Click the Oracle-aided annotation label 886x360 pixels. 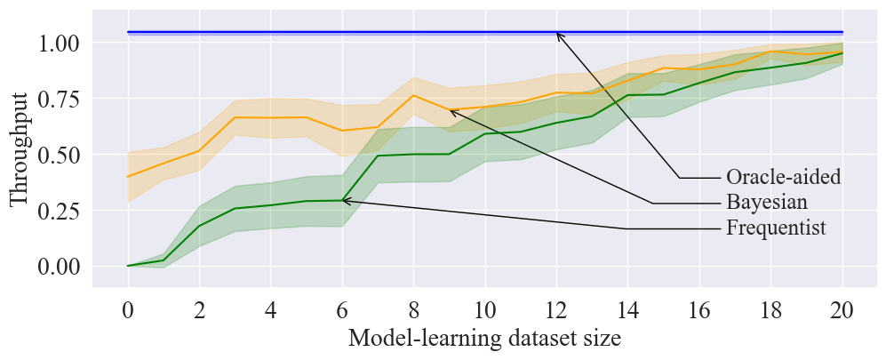click(783, 178)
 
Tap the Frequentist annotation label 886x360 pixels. click(776, 228)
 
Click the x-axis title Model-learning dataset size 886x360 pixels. click(484, 339)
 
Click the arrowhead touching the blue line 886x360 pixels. click(557, 34)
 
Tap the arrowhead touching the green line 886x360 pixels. click(345, 201)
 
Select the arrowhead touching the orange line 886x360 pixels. click(451, 111)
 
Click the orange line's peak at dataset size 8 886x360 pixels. click(413, 95)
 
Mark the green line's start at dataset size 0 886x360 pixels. click(128, 266)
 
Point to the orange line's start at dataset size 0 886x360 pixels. click(128, 177)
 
